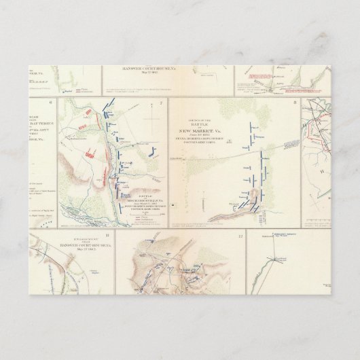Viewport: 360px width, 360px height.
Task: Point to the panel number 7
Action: [161, 103]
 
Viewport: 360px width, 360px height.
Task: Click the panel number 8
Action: [294, 103]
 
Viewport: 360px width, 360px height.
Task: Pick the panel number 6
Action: [51, 103]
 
